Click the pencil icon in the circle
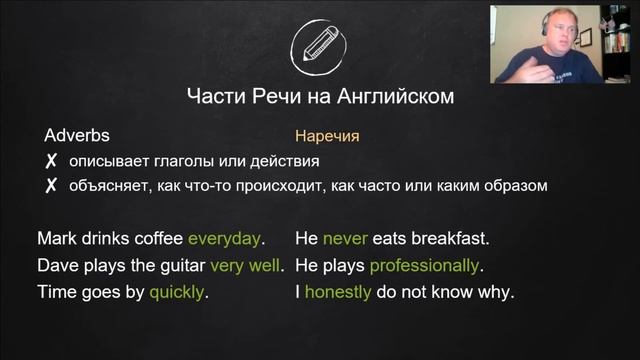319,46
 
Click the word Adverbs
77,135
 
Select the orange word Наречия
327,135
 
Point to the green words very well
245,266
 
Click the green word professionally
424,266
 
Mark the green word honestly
338,293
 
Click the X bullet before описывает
50,161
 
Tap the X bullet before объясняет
50,186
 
